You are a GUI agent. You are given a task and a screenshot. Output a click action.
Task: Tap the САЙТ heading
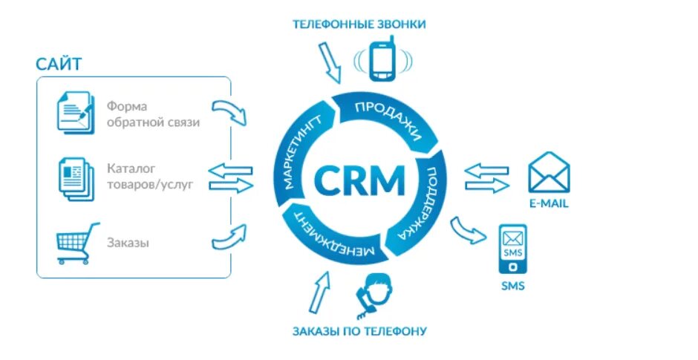click(59, 63)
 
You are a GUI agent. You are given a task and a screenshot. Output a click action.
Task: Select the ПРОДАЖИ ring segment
click(386, 119)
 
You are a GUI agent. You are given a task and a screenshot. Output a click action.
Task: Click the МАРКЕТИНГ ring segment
click(300, 148)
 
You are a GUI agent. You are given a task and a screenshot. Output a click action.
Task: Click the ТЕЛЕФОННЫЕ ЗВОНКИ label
click(359, 24)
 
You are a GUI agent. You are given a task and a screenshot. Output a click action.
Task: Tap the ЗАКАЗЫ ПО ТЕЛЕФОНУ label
click(359, 330)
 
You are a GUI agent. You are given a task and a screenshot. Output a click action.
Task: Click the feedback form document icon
click(76, 114)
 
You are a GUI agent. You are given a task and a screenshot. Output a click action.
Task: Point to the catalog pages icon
click(76, 178)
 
